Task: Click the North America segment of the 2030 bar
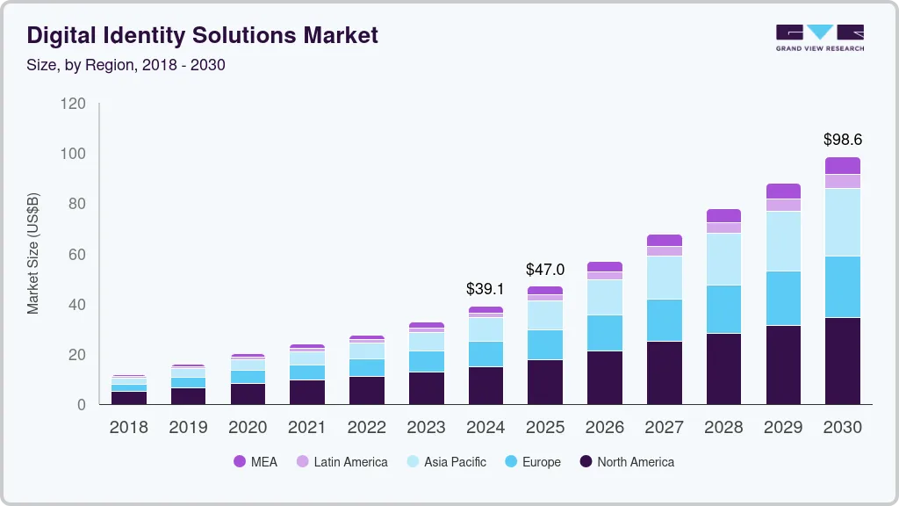click(x=843, y=360)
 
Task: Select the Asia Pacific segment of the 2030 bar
click(x=843, y=221)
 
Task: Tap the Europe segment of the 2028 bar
click(x=723, y=309)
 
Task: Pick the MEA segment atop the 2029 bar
click(x=783, y=191)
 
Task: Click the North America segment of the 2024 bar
click(x=485, y=385)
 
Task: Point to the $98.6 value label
click(x=843, y=140)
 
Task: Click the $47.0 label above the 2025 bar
click(x=545, y=269)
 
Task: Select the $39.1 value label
click(x=485, y=288)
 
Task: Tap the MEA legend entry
click(x=255, y=462)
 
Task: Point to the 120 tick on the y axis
click(x=74, y=104)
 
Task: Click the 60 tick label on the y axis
click(x=77, y=255)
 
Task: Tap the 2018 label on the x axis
click(x=128, y=428)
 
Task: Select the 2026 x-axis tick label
click(x=605, y=428)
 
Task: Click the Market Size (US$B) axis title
click(x=33, y=253)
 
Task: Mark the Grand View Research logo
click(x=819, y=37)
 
